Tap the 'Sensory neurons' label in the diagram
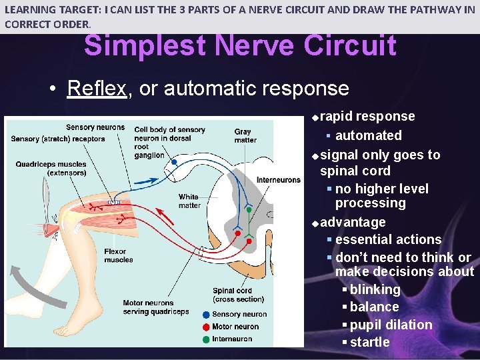tap(95, 127)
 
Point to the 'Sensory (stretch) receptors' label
tap(58, 139)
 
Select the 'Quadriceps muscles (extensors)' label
tap(51, 168)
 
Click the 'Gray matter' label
tap(245, 136)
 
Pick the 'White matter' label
tap(189, 201)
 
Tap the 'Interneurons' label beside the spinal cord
tap(279, 180)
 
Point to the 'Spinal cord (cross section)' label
tap(233, 295)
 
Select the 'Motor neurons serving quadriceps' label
tap(156, 307)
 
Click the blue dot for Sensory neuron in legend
tap(206, 314)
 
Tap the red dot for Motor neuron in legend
tap(206, 327)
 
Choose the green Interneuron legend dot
tap(206, 339)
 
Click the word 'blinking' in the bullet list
tap(375, 290)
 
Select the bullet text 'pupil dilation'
tap(391, 325)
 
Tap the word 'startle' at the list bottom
tap(370, 342)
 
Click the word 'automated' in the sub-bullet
tap(369, 135)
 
